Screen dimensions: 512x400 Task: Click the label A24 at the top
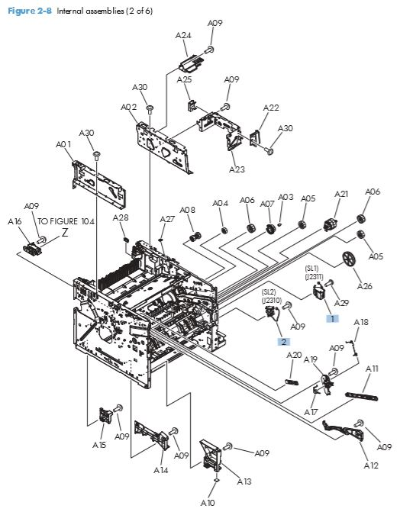point(183,35)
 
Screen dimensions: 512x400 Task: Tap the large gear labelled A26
point(351,259)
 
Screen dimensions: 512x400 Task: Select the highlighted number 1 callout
point(333,317)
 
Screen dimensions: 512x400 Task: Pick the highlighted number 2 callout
point(283,342)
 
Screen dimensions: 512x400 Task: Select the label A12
point(370,465)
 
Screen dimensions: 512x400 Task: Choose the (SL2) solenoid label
point(269,292)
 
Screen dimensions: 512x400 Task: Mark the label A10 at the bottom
point(208,503)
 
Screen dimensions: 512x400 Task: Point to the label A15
point(99,444)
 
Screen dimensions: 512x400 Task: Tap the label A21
point(341,194)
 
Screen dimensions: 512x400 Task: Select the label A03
point(285,197)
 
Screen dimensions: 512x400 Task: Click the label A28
point(121,217)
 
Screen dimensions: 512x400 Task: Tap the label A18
point(361,322)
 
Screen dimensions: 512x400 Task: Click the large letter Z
point(65,233)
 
